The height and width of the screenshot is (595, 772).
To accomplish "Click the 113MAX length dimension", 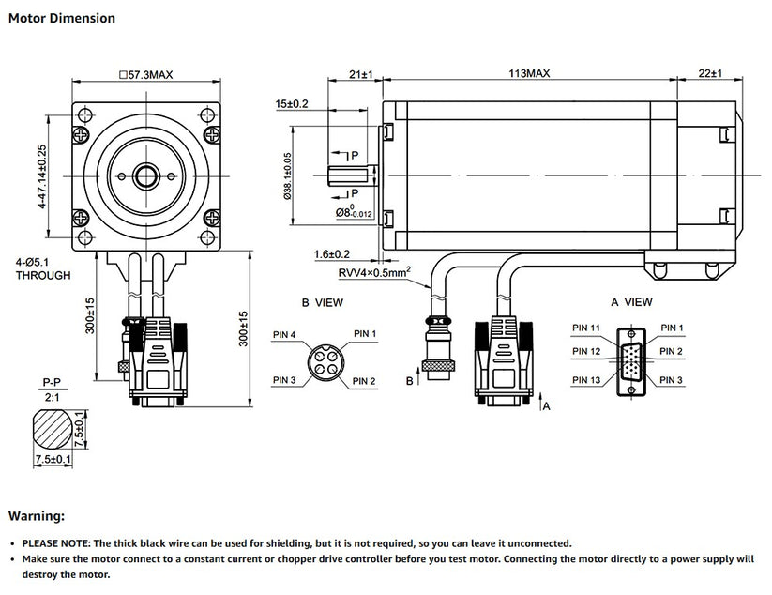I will click(x=528, y=73).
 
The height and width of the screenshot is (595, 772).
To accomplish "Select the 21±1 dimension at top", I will click(x=360, y=73).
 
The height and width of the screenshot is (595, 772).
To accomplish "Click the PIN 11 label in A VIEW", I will click(x=586, y=328).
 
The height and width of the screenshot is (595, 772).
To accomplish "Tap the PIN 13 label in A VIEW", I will click(x=586, y=380).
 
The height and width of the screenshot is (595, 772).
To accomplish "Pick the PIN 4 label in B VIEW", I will click(x=285, y=334).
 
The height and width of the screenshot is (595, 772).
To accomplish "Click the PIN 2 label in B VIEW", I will click(x=365, y=380).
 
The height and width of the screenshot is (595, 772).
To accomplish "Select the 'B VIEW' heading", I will click(x=322, y=303).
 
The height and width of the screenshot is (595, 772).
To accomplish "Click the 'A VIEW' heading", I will click(x=631, y=302).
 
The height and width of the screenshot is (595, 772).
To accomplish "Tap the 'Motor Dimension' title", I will click(x=62, y=18).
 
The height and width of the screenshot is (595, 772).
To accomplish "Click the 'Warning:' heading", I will click(x=37, y=516).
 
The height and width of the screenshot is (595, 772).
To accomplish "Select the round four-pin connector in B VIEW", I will click(x=325, y=358).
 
